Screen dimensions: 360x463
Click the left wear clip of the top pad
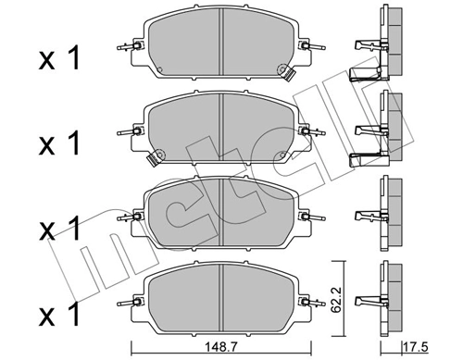click(127, 48)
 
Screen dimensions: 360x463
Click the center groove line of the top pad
click(219, 42)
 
